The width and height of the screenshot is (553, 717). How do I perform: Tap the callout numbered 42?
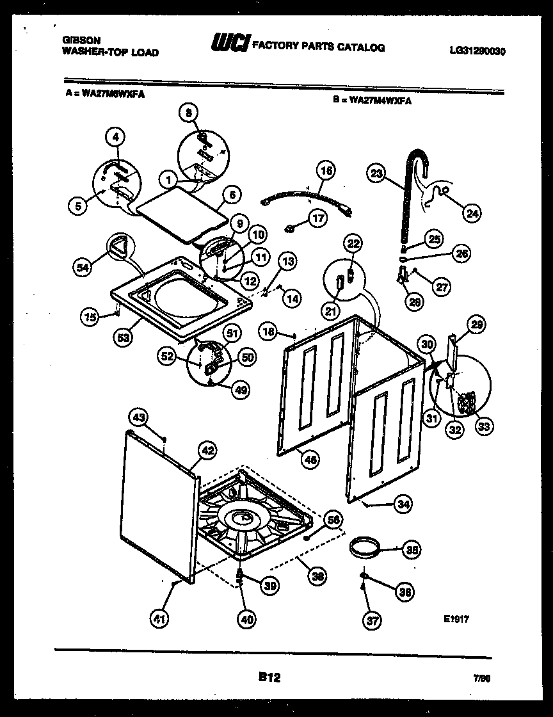pyautogui.click(x=206, y=450)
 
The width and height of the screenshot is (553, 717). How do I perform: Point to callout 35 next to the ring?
pyautogui.click(x=413, y=549)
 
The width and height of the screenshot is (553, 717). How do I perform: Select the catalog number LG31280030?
pyautogui.click(x=473, y=52)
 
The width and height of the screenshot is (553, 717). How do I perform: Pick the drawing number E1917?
pyautogui.click(x=456, y=619)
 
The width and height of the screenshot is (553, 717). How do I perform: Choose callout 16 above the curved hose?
pyautogui.click(x=326, y=172)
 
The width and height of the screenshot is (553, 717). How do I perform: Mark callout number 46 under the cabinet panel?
pyautogui.click(x=310, y=458)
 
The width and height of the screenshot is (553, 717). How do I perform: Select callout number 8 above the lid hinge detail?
pyautogui.click(x=189, y=113)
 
